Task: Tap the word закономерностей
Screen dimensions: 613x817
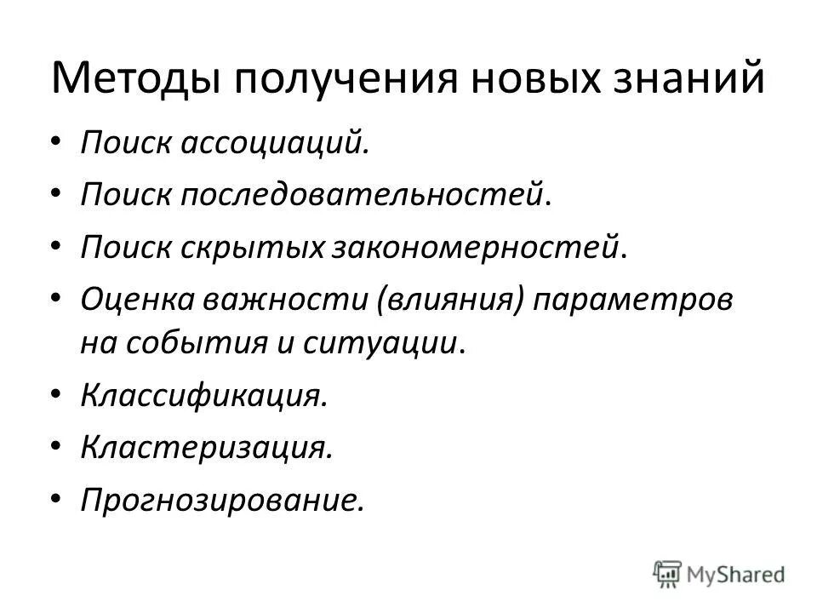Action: pos(476,248)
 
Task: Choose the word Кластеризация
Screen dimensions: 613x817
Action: pos(205,447)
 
